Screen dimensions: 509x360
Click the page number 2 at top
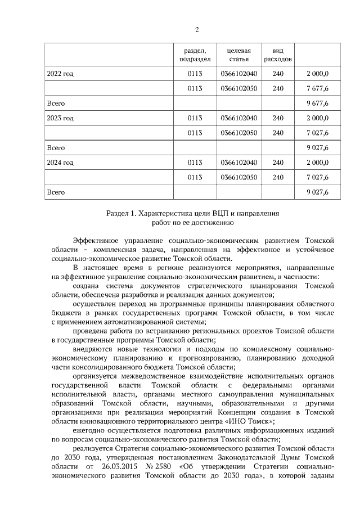pyautogui.click(x=197, y=29)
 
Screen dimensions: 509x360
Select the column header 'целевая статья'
pyautogui.click(x=238, y=55)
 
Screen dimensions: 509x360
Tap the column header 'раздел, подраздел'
pyautogui.click(x=195, y=55)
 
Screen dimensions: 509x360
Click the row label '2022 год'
pyautogui.click(x=60, y=74)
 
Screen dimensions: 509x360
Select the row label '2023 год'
pyautogui.click(x=60, y=118)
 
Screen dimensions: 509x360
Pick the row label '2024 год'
pyautogui.click(x=60, y=163)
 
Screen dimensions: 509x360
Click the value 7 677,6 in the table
pyautogui.click(x=317, y=88)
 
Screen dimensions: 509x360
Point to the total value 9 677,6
pyautogui.click(x=317, y=103)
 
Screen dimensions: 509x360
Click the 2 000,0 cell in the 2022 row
pyautogui.click(x=317, y=74)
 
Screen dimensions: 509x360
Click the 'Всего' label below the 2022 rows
pyautogui.click(x=56, y=103)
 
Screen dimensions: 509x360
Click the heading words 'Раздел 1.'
pyautogui.click(x=122, y=214)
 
